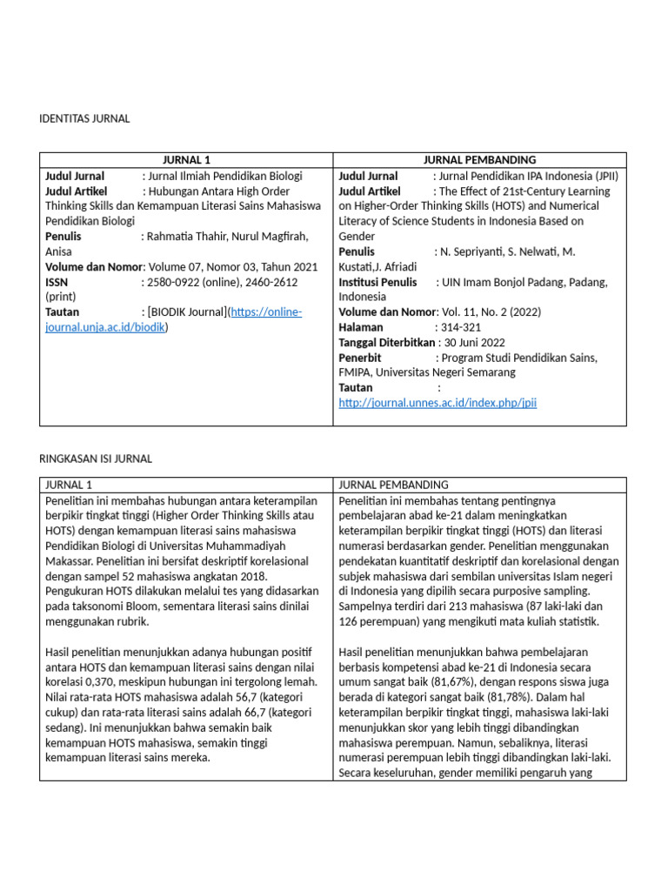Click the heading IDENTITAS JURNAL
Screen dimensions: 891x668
(x=85, y=118)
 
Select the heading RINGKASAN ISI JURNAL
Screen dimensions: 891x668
(x=96, y=459)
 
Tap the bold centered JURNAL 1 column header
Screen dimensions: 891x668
(x=186, y=160)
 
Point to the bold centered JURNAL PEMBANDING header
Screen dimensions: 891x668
(x=479, y=160)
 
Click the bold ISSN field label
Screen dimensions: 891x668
(x=57, y=282)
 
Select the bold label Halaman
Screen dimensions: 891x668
(x=361, y=327)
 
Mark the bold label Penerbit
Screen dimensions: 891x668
(x=360, y=358)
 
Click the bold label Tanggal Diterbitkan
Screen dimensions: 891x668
(x=386, y=343)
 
